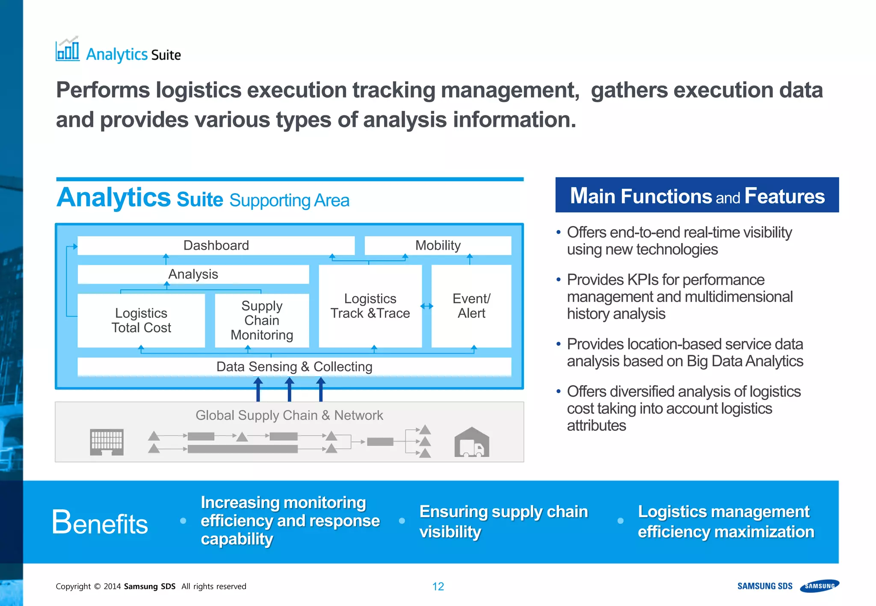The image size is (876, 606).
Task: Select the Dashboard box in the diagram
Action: tap(216, 245)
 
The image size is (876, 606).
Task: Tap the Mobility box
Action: tap(438, 245)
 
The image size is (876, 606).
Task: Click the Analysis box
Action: tap(193, 274)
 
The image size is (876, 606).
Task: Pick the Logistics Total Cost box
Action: tap(141, 321)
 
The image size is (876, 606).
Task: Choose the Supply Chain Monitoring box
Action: tap(262, 321)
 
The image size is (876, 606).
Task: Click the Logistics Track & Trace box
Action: tap(370, 306)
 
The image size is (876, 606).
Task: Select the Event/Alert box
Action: tap(471, 306)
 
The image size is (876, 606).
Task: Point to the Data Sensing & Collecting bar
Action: tap(294, 367)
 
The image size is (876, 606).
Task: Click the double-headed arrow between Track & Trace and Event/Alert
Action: tap(426, 306)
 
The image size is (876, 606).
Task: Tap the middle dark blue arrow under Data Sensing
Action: tap(290, 389)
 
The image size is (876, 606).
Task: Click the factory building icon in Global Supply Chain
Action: tap(107, 442)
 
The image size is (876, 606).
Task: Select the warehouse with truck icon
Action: tap(471, 442)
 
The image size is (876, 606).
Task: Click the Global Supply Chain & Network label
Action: tap(289, 415)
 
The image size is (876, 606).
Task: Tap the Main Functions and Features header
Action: tap(697, 195)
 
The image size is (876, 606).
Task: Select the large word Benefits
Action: tap(100, 522)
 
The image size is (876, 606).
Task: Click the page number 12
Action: tap(438, 586)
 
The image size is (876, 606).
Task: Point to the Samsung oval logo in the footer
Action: tap(820, 586)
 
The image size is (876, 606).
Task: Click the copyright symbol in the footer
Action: tap(97, 586)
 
